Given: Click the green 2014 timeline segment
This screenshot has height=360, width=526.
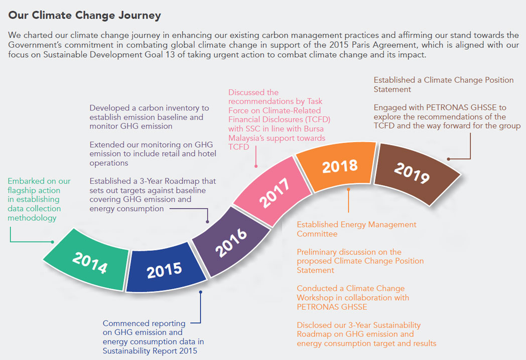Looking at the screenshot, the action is [88, 260].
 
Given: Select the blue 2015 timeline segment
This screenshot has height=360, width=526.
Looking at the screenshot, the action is [165, 269].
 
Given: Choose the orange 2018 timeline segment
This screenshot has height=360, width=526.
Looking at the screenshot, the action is [339, 167].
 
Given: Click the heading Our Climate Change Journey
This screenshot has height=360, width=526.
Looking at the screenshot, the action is [84, 15].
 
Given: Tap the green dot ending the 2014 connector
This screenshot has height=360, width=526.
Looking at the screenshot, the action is [52, 242].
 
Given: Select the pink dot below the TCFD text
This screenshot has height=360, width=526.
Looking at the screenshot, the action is [256, 166].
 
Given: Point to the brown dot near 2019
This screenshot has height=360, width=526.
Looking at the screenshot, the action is [449, 159].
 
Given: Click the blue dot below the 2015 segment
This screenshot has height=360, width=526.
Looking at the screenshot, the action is [201, 292].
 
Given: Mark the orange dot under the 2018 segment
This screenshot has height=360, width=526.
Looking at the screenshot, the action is [348, 190].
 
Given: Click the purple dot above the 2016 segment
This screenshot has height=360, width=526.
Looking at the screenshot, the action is [208, 221].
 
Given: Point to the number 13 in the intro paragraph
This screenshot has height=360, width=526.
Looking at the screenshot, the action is [170, 55].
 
